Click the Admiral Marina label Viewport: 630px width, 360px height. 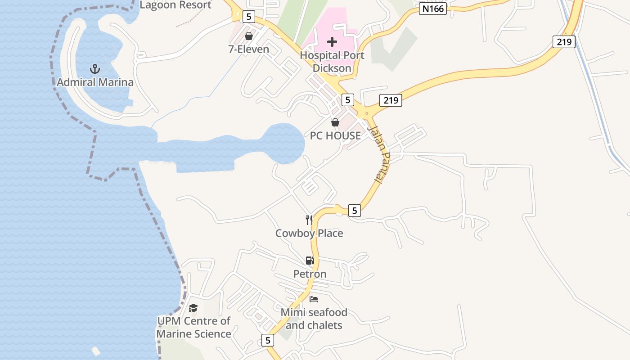95,82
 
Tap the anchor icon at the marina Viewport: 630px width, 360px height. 94,69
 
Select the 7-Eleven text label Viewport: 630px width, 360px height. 248,49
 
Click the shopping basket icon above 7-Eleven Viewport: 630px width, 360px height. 248,36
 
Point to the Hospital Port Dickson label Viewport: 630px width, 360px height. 332,62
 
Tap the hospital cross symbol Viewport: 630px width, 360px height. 332,42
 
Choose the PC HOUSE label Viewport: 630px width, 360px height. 335,135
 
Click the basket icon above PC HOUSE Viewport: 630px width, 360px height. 335,122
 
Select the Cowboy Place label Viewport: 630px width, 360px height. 309,233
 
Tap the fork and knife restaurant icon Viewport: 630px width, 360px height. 309,220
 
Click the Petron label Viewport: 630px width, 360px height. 310,274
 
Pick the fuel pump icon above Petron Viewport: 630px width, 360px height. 310,261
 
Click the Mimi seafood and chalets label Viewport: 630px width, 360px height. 314,319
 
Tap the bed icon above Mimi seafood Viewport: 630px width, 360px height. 314,299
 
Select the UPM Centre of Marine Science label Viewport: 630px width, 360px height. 193,327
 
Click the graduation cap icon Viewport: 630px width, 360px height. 193,308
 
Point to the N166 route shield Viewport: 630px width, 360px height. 432,9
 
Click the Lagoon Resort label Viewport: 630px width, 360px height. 175,5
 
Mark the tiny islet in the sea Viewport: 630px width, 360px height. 95,351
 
